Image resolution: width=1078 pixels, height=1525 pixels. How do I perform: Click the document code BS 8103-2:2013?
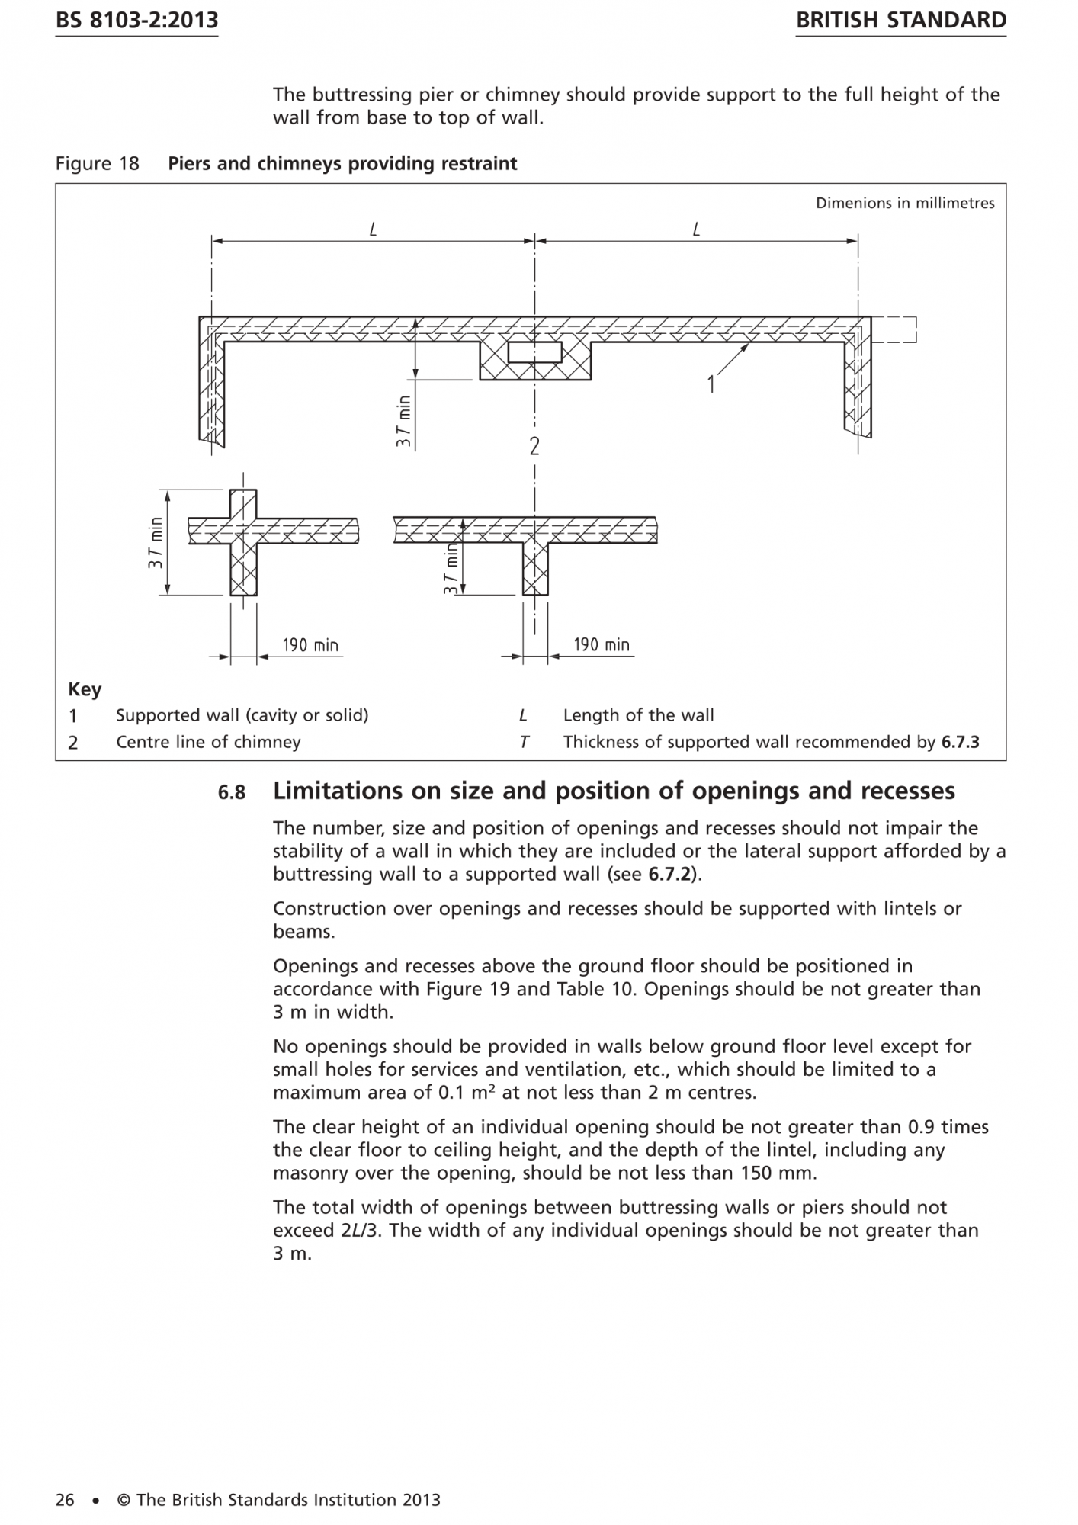pyautogui.click(x=136, y=21)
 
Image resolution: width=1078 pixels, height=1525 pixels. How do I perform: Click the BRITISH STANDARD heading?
pyautogui.click(x=900, y=21)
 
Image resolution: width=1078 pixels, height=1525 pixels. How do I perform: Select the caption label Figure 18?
pyautogui.click(x=97, y=164)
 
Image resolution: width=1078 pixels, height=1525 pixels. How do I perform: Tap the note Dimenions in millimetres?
pyautogui.click(x=904, y=203)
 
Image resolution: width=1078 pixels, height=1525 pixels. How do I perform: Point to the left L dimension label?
pyautogui.click(x=373, y=229)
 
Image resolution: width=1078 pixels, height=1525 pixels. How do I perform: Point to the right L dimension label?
pyautogui.click(x=696, y=229)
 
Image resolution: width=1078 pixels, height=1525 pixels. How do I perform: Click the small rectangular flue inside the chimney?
pyautogui.click(x=535, y=352)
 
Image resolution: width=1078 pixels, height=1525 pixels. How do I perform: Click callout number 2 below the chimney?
pyautogui.click(x=534, y=446)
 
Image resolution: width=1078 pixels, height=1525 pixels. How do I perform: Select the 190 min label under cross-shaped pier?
pyautogui.click(x=310, y=645)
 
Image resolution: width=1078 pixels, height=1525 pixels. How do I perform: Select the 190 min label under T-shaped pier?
pyautogui.click(x=602, y=644)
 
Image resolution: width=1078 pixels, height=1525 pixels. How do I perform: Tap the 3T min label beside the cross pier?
pyautogui.click(x=156, y=542)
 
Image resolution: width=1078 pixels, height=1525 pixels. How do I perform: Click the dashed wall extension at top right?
pyautogui.click(x=894, y=329)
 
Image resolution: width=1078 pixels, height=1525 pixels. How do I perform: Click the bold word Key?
pyautogui.click(x=85, y=689)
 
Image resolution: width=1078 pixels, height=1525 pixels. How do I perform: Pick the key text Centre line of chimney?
pyautogui.click(x=208, y=742)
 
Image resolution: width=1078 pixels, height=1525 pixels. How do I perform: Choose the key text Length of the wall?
pyautogui.click(x=638, y=715)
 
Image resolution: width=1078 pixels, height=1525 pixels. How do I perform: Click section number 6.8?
pyautogui.click(x=232, y=793)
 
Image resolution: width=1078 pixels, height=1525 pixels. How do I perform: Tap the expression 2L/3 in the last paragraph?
pyautogui.click(x=358, y=1230)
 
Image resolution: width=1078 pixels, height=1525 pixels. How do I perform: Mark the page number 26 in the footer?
pyautogui.click(x=65, y=1500)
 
